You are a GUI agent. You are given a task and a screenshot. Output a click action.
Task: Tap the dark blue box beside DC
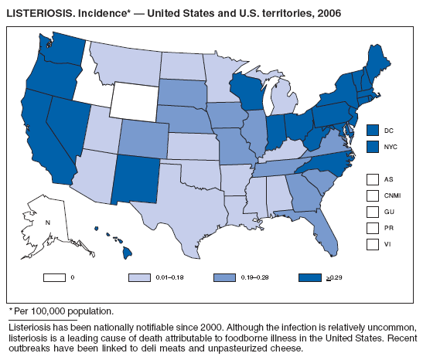[374, 130]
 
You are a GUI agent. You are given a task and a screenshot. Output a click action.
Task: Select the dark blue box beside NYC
[374, 146]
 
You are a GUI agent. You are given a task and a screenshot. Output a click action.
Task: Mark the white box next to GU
[374, 211]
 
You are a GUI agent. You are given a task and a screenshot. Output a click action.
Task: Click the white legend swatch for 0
[54, 276]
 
